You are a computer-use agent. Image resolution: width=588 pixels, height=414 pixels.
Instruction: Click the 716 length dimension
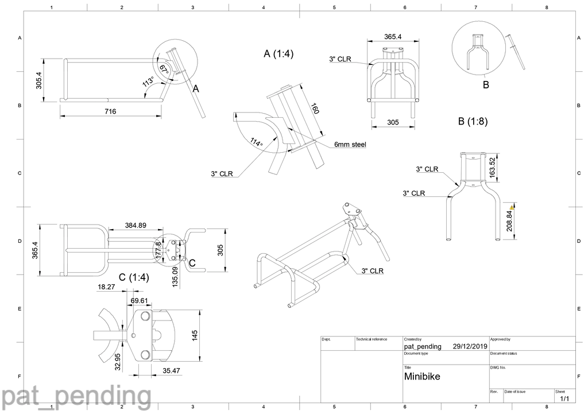[x=110, y=111]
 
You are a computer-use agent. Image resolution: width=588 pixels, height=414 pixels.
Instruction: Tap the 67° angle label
[x=164, y=68]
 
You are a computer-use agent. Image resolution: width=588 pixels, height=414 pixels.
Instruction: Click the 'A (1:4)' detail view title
[x=278, y=54]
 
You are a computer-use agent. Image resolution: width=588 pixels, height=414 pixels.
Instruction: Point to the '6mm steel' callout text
[x=350, y=145]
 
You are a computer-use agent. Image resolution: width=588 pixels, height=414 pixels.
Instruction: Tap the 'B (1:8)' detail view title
[x=473, y=121]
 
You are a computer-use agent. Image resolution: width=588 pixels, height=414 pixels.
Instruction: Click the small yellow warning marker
[x=512, y=204]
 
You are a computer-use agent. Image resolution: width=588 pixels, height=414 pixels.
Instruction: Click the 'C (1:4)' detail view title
[x=134, y=277]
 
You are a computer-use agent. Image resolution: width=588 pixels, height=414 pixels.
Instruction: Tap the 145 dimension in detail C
[x=195, y=334]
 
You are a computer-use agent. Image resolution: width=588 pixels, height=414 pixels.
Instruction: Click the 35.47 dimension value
[x=171, y=371]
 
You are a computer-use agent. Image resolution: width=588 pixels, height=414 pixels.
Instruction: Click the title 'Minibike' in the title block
[x=422, y=377]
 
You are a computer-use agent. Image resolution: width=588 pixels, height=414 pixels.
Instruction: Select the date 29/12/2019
[x=470, y=346]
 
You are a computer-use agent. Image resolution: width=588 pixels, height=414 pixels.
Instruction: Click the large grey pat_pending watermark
[x=76, y=397]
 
